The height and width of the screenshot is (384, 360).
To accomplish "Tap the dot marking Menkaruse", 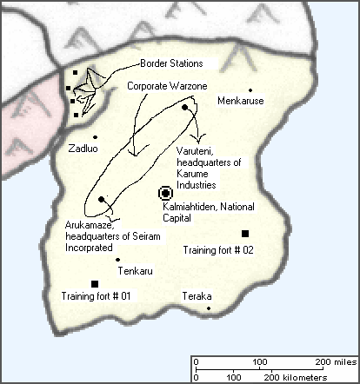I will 250,89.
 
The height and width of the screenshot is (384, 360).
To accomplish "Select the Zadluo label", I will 83,149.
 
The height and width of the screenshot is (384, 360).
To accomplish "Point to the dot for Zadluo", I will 95,136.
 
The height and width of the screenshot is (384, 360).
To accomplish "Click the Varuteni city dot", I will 185,108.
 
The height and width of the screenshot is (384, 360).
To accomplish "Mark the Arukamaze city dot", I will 102,200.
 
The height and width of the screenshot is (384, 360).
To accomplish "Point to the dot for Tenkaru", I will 117,259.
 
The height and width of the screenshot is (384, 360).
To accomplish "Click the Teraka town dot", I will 209,308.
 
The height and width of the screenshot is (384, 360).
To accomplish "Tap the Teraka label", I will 197,296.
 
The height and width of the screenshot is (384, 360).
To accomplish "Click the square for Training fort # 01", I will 95,283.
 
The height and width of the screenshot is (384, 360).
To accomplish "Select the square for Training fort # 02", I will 244,233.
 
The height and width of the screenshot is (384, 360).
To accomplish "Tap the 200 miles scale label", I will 336,361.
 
